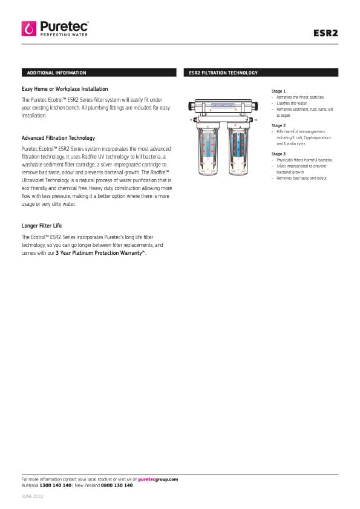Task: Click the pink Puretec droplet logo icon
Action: [29, 28]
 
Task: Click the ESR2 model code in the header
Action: [326, 33]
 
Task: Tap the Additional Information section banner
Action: [99, 73]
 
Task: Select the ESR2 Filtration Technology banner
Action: [261, 73]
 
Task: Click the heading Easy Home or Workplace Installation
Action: [65, 89]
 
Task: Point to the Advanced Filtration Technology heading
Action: [58, 138]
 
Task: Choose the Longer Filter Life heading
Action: [42, 226]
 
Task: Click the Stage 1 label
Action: [278, 91]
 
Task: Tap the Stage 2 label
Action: [278, 125]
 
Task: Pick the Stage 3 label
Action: [278, 154]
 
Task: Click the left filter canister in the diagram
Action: [208, 149]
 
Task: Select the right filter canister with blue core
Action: [238, 149]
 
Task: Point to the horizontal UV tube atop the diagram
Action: [223, 106]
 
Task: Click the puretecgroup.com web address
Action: [158, 479]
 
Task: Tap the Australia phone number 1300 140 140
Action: [55, 485]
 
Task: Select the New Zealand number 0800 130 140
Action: [117, 485]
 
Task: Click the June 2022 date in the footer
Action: [33, 496]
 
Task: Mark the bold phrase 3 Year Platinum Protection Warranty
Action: [100, 253]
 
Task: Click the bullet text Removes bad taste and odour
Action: [302, 178]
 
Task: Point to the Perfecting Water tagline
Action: [64, 34]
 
